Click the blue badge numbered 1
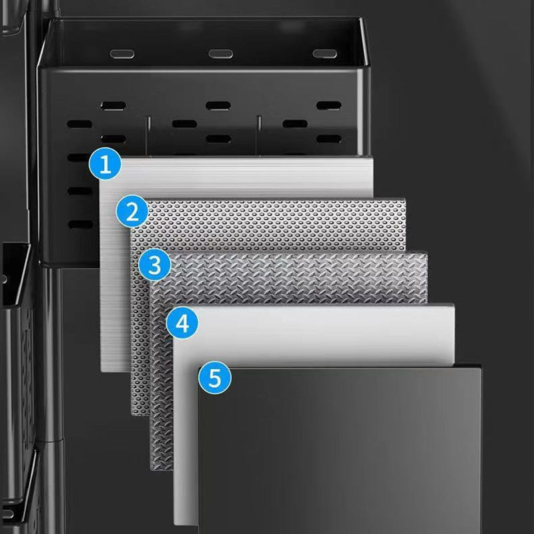pyautogui.click(x=105, y=164)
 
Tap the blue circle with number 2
pyautogui.click(x=132, y=212)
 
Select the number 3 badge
pyautogui.click(x=155, y=265)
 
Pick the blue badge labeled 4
pyautogui.click(x=182, y=322)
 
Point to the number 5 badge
pyautogui.click(x=215, y=378)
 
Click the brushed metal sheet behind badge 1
pyautogui.click(x=238, y=177)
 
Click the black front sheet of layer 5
pyautogui.click(x=340, y=449)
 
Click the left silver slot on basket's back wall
pyautogui.click(x=122, y=54)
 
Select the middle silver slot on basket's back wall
pyautogui.click(x=221, y=54)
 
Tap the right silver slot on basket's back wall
pyautogui.click(x=325, y=53)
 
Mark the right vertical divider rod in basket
pyautogui.click(x=259, y=136)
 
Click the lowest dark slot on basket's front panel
pyautogui.click(x=81, y=224)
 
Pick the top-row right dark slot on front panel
pyautogui.click(x=328, y=105)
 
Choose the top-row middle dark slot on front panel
pyautogui.click(x=218, y=106)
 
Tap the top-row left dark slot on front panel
pyautogui.click(x=113, y=106)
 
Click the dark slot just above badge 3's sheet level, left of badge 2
pyautogui.click(x=81, y=224)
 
